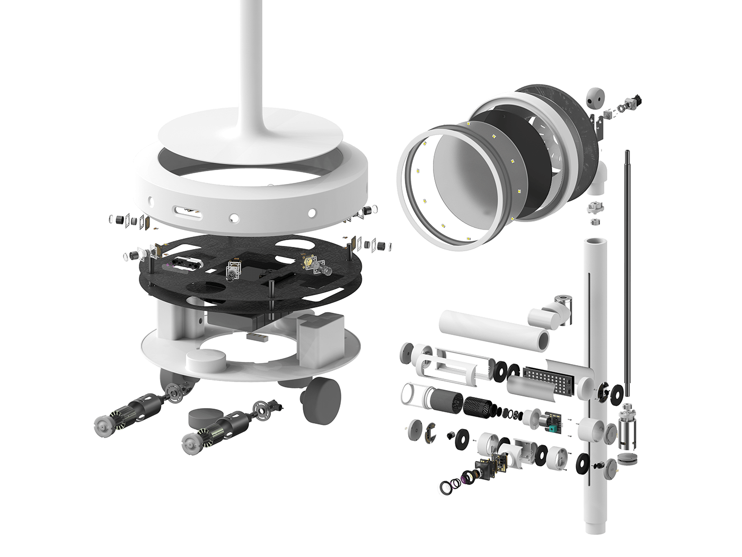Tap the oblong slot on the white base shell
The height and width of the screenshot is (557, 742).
click(187, 213)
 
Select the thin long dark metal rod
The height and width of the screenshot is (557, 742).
click(628, 270)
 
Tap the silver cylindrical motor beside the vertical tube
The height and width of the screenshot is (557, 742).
click(629, 426)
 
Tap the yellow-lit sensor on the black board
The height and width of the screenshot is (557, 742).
click(307, 261)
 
